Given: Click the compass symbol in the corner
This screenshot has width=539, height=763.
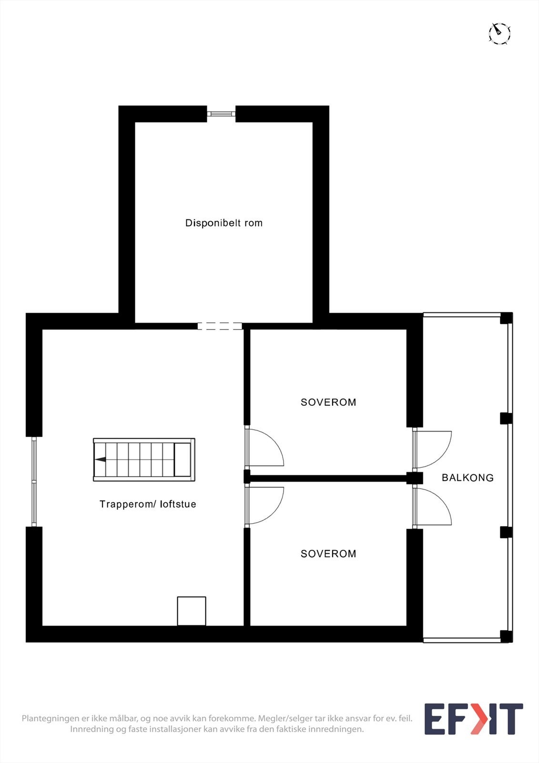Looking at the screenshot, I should click(499, 33).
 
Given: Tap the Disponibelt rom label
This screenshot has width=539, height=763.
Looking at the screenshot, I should click(224, 223).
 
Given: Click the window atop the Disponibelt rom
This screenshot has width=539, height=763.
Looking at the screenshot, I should click(221, 114).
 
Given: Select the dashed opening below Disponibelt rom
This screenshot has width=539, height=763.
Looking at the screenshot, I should click(220, 326).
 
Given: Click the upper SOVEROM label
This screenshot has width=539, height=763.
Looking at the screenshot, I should click(328, 402).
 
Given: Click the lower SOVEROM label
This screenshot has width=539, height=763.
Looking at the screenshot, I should click(328, 554).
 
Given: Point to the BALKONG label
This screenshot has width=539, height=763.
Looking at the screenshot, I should click(468, 477).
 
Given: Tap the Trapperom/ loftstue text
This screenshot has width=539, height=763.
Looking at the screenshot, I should click(148, 504).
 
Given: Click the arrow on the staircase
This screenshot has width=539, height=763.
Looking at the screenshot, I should click(101, 460).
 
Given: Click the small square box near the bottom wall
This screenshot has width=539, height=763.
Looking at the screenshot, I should click(192, 611).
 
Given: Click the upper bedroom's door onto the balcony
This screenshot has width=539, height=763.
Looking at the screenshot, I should click(431, 449).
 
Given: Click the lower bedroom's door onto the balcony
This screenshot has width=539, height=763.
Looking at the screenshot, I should click(431, 506).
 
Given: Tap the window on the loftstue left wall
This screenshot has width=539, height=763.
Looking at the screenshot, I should click(34, 482).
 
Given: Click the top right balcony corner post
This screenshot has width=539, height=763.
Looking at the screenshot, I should click(506, 318).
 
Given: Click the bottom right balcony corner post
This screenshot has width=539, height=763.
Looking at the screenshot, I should click(506, 636).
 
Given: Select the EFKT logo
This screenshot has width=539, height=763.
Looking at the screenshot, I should click(474, 719).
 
